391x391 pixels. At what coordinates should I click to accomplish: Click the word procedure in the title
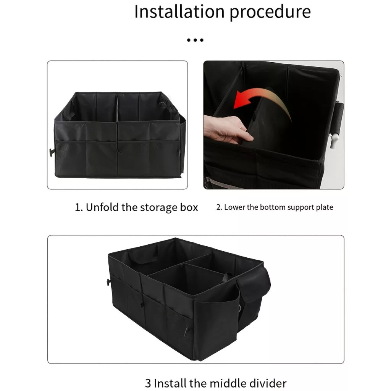270,13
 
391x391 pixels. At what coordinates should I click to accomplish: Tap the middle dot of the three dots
195,40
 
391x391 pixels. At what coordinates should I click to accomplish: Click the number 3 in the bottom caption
148,383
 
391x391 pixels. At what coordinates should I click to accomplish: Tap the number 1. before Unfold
79,207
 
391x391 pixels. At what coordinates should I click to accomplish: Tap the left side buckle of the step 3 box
108,282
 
